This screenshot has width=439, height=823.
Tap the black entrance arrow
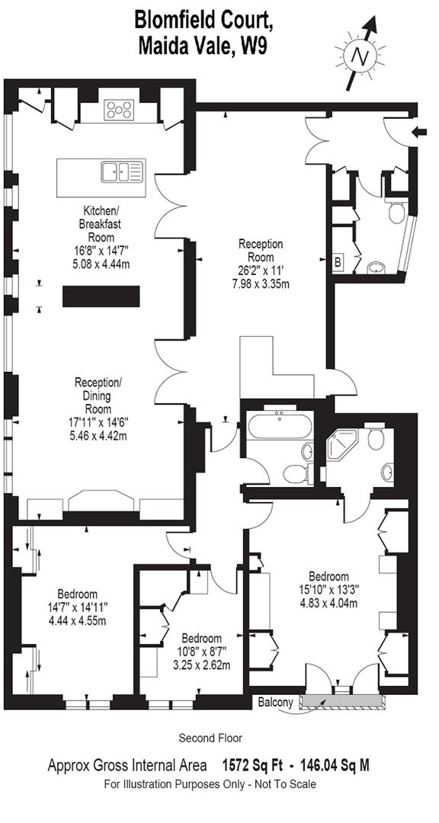(x=418, y=132)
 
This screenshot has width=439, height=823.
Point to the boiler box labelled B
(x=338, y=261)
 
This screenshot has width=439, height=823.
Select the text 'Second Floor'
(x=210, y=738)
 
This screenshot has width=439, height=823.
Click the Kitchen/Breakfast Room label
(x=100, y=224)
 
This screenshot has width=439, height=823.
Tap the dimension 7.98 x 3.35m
(x=261, y=284)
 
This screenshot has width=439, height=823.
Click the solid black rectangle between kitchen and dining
(x=101, y=296)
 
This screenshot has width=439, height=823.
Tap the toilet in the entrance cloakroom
(x=396, y=211)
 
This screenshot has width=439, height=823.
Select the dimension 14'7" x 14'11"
(x=77, y=607)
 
